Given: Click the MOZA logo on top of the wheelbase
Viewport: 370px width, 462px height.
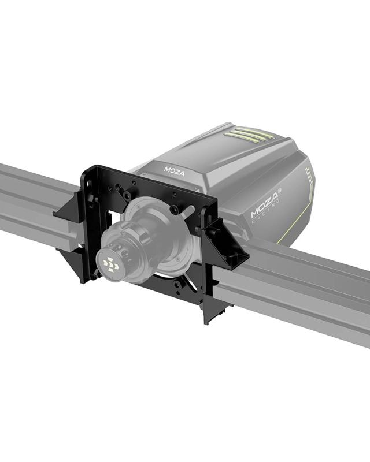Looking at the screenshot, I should pos(173,170).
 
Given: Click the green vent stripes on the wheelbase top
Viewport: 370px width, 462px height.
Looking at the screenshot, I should pos(249,136).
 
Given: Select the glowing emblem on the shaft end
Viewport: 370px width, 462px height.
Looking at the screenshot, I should pos(109,264).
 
